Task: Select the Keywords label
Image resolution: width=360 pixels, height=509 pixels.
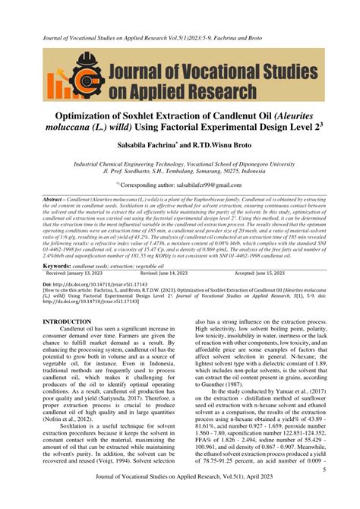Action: (58, 267)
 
